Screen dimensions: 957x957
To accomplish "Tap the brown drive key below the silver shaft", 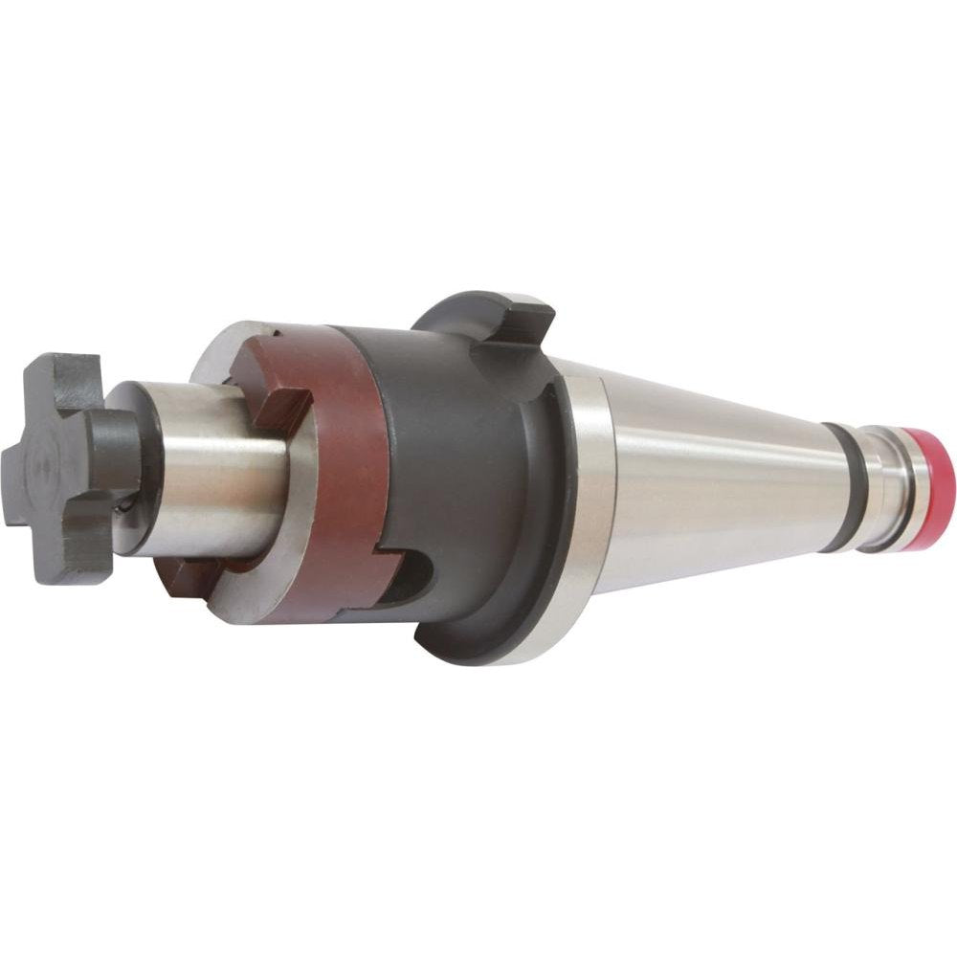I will pos(191,574).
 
